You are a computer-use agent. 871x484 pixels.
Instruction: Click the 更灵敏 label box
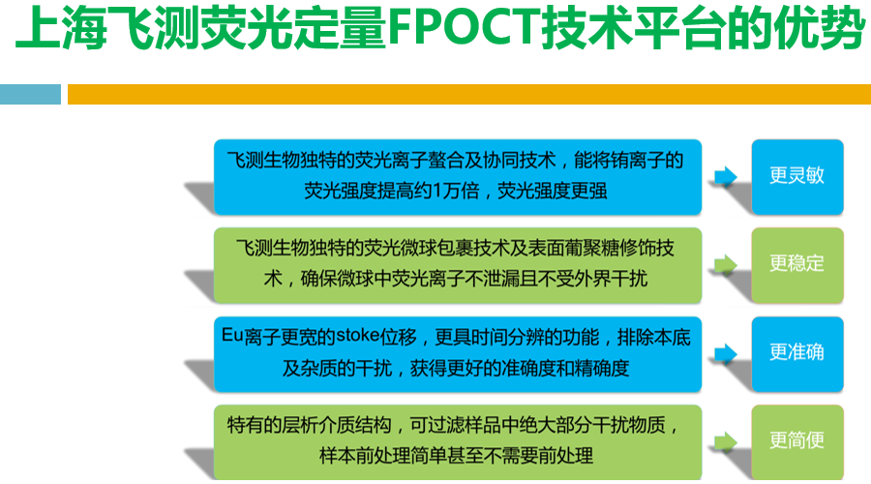pos(796,177)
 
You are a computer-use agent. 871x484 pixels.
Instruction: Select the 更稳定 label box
pos(796,264)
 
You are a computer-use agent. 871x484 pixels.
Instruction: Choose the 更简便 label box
pos(796,441)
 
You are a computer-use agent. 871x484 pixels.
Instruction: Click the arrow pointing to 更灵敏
pos(725,176)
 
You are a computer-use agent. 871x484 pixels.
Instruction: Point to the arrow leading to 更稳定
pos(725,264)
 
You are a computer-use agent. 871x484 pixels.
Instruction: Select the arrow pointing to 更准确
pos(725,352)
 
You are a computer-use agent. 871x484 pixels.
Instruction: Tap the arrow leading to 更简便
pos(725,441)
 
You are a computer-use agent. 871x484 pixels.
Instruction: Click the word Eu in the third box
pos(230,337)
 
